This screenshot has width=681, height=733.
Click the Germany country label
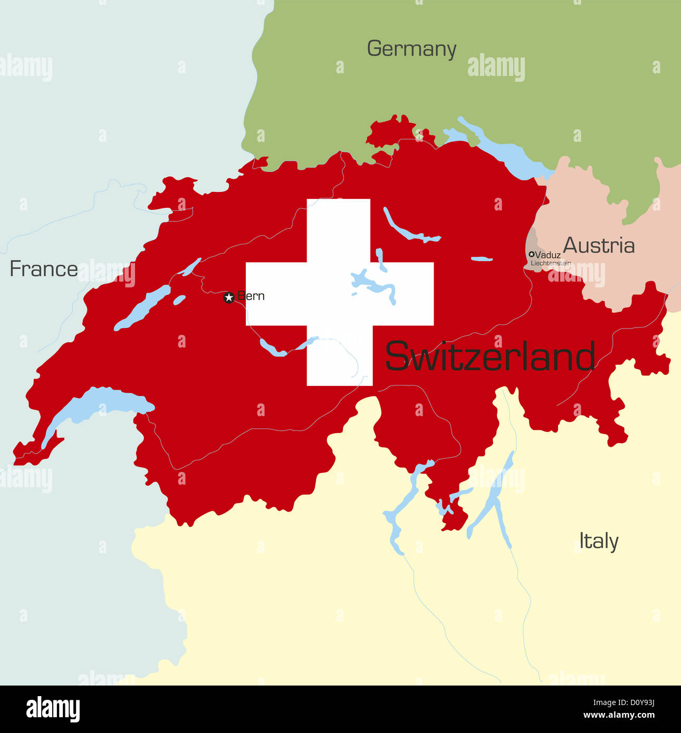tap(411, 49)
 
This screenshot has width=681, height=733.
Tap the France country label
tap(44, 269)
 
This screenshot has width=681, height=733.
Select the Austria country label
tap(599, 246)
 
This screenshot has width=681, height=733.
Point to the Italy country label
tap(598, 541)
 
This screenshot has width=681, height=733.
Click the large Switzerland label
tap(490, 356)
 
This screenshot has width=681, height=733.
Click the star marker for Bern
tap(228, 297)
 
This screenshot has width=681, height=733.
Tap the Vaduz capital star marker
tap(531, 254)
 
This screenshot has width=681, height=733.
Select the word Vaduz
tap(548, 255)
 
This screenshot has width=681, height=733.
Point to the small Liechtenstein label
tap(551, 263)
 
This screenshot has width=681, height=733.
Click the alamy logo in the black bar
tap(53, 709)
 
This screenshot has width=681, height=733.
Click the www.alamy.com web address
tap(619, 716)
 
